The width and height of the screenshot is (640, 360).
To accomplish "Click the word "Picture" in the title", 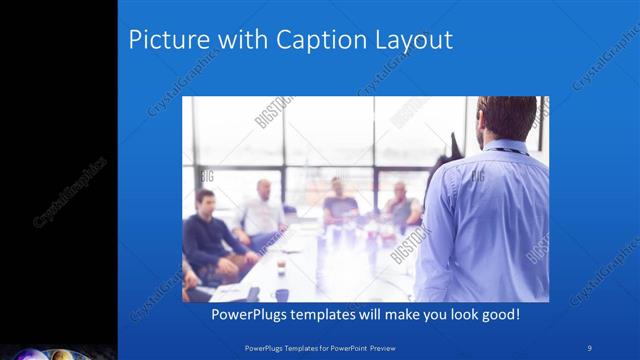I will coord(163,41).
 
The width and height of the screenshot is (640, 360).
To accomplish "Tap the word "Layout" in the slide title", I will coord(415,41).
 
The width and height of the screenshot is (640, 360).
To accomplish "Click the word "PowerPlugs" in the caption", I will coord(253,314).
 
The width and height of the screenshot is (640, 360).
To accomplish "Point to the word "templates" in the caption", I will coord(337,314).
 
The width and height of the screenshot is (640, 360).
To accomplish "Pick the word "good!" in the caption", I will coord(498,314).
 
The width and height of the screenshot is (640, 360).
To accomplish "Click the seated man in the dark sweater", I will coord(208,235).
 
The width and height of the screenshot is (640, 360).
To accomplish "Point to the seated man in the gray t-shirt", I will coord(339,205).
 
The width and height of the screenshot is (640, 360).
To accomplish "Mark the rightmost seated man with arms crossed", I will coord(402,205).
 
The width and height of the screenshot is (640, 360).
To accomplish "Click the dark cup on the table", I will coord(282,294).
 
